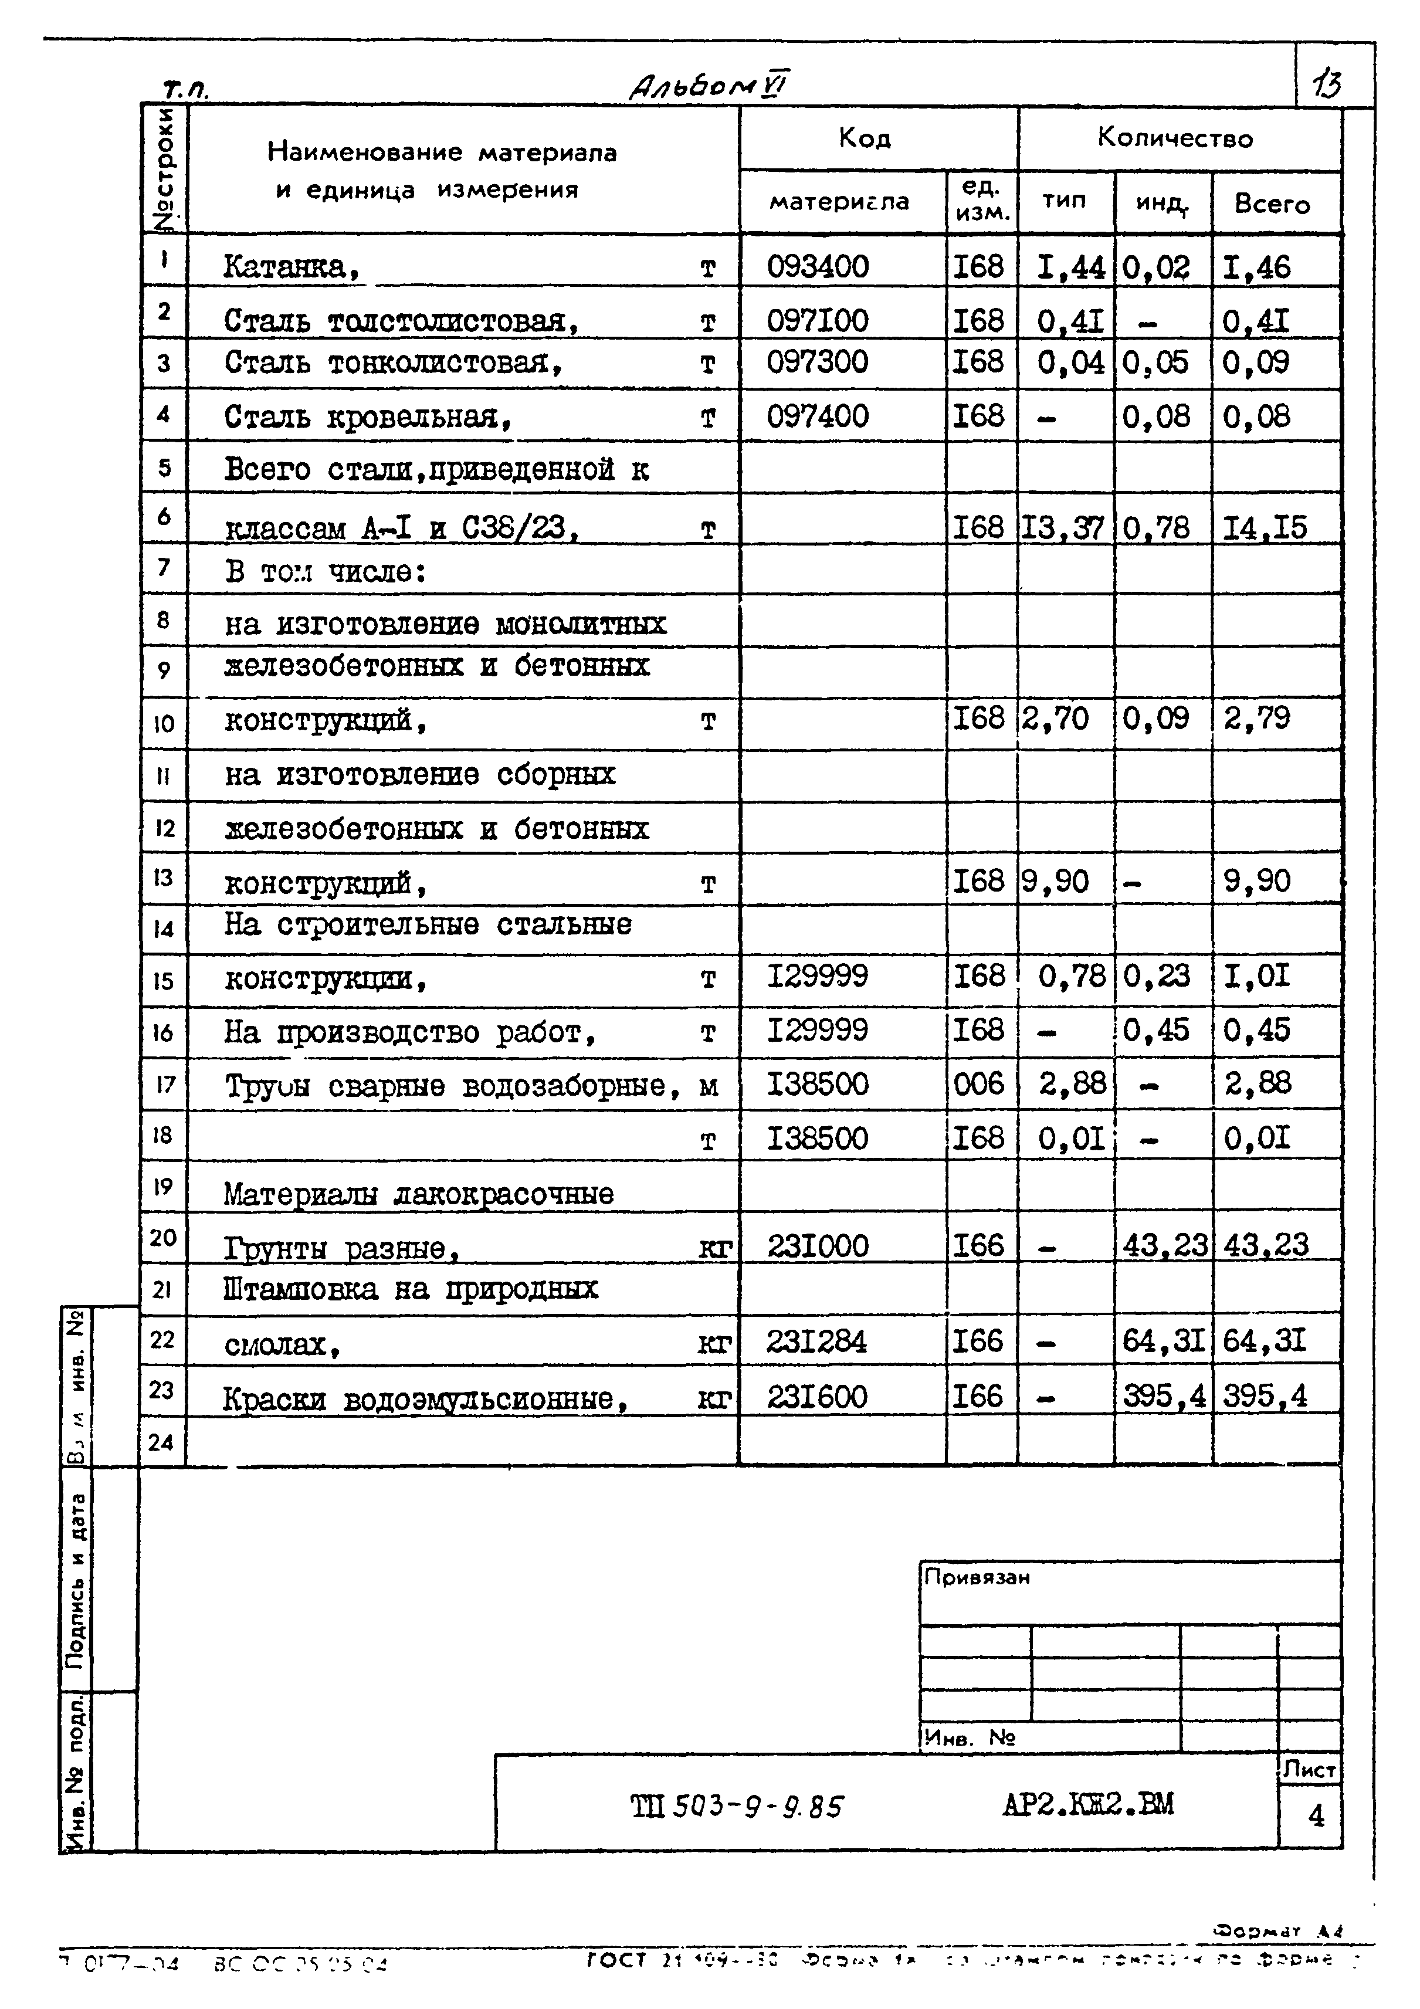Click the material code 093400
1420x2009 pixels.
[x=817, y=266]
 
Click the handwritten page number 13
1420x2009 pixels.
[x=1326, y=85]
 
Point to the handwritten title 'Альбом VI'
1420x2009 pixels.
[x=709, y=86]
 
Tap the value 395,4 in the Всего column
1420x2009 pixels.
[x=1265, y=1395]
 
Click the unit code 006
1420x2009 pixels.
[x=979, y=1084]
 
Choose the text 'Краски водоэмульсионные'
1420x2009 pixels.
[x=425, y=1399]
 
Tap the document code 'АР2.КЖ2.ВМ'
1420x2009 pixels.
[x=1087, y=1804]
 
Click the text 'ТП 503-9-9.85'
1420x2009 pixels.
[x=737, y=1806]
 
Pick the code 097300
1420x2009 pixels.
[x=817, y=361]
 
